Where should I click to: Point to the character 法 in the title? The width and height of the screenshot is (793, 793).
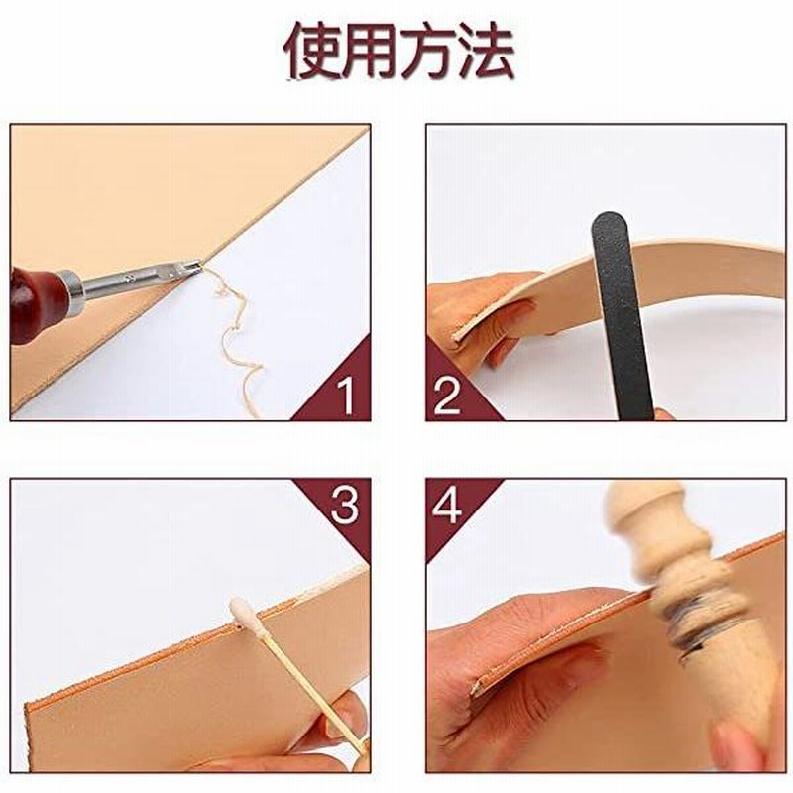pyautogui.click(x=486, y=52)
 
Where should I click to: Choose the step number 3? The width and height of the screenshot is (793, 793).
pyautogui.click(x=344, y=505)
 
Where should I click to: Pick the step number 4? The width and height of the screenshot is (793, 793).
pyautogui.click(x=447, y=506)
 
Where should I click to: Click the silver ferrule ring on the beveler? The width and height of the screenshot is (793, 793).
pyautogui.click(x=72, y=292)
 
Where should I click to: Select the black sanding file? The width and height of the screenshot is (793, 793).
pyautogui.click(x=623, y=314)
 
